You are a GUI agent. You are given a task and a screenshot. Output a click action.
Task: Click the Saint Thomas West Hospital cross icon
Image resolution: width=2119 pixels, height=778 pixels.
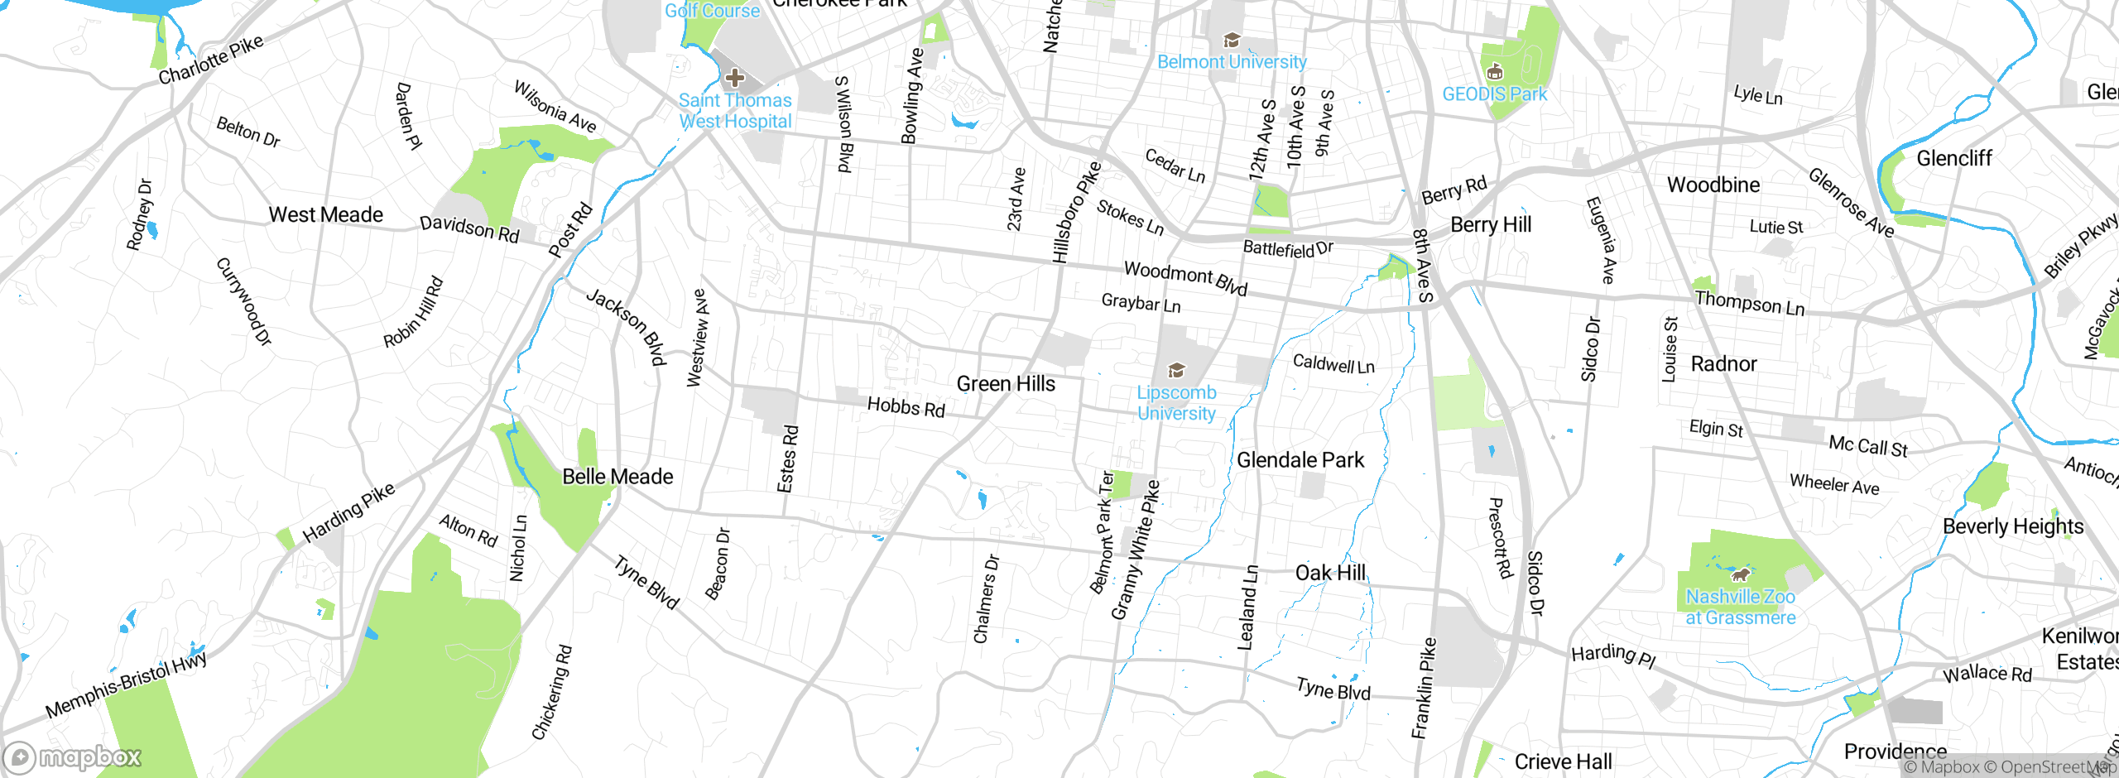(x=734, y=79)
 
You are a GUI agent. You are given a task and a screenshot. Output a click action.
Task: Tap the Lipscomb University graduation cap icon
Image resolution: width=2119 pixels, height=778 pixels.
(x=1176, y=370)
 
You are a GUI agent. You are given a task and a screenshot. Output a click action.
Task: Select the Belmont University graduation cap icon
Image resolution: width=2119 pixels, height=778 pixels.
(x=1232, y=40)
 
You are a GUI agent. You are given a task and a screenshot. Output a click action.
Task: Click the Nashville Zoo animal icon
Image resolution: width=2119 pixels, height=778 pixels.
(x=1741, y=574)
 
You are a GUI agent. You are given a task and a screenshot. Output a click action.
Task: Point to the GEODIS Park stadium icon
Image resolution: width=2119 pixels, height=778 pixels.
(x=1494, y=72)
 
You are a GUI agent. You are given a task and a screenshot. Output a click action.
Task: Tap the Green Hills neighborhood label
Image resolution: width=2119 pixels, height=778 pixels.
(x=1006, y=384)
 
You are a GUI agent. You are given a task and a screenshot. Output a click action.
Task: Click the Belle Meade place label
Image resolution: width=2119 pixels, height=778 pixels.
(x=617, y=477)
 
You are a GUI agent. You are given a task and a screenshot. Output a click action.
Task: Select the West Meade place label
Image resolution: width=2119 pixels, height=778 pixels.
(x=326, y=215)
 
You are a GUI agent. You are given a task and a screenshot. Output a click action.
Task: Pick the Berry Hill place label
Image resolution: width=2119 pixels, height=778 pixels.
(x=1491, y=225)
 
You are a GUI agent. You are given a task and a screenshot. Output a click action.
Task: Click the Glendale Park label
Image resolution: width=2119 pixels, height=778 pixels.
(x=1300, y=460)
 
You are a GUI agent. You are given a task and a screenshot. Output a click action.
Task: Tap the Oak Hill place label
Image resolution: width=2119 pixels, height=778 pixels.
(x=1330, y=573)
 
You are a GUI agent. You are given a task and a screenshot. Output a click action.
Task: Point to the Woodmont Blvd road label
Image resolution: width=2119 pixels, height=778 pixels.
(x=1185, y=277)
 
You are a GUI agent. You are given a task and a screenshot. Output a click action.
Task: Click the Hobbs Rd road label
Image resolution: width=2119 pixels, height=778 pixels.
(x=906, y=406)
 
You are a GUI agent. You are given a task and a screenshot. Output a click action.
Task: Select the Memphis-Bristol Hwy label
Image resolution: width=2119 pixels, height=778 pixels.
(x=126, y=684)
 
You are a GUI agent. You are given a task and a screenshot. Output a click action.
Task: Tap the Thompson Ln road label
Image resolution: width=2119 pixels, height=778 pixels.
(x=1750, y=303)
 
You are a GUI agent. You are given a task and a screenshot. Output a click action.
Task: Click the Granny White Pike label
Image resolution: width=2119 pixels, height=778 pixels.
(x=1136, y=550)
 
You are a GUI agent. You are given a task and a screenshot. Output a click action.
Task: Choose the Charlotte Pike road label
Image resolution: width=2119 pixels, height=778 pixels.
(x=211, y=60)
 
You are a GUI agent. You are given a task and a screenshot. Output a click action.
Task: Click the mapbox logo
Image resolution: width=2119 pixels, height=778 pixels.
(x=73, y=757)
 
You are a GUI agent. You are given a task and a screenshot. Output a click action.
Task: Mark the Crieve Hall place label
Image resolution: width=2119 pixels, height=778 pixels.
(x=1563, y=761)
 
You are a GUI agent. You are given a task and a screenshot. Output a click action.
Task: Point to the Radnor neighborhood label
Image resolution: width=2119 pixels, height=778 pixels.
(x=1723, y=364)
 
